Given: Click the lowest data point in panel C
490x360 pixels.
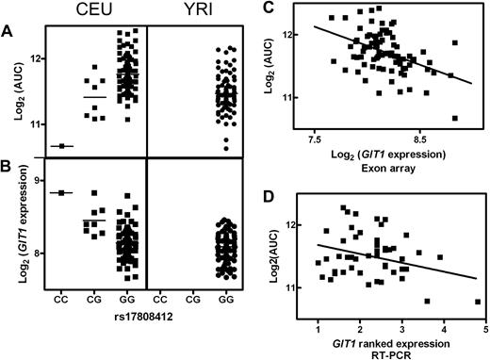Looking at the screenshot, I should tap(455, 118).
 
